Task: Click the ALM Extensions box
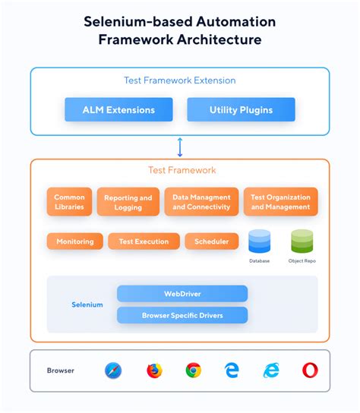point(118,110)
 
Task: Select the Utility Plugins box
point(241,110)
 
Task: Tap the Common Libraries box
point(70,202)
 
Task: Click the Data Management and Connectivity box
point(201,202)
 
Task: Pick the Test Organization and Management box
point(280,202)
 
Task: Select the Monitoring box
point(74,241)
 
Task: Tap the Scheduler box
point(211,241)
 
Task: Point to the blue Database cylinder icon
point(260,241)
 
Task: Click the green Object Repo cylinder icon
point(302,241)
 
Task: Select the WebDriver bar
point(182,294)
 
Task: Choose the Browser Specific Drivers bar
point(182,314)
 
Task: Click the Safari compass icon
point(114,370)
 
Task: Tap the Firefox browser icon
point(154,370)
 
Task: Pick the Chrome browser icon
point(194,370)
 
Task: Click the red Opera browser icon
point(310,370)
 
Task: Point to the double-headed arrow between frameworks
point(180,146)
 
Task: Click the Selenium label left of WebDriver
point(87,304)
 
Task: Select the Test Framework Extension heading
point(180,80)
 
